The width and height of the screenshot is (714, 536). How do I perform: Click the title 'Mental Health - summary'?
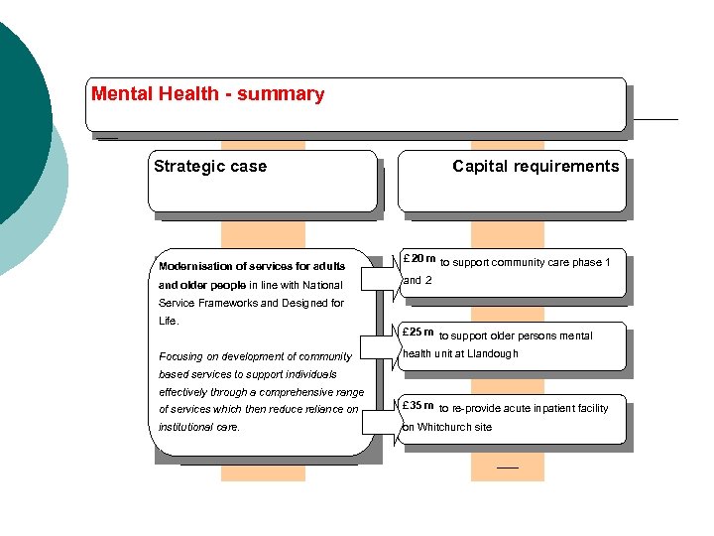207,94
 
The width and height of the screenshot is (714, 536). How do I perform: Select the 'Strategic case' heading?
210,167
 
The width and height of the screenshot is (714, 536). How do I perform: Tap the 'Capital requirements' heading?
535,167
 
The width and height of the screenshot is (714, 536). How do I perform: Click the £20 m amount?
418,259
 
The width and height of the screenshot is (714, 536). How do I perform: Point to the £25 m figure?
418,333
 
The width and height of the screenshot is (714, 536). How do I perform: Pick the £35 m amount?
418,406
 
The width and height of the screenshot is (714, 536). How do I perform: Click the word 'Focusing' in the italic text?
180,356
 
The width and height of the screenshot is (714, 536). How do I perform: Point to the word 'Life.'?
168,322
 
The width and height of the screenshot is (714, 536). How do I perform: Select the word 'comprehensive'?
298,392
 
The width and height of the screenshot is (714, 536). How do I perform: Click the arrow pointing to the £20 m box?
380,277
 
